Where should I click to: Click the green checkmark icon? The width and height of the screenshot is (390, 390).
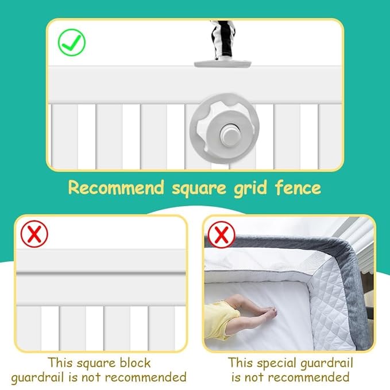tap(72, 43)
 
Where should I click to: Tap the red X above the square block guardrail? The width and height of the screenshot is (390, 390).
tap(34, 234)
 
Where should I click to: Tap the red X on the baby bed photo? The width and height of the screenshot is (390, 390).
tap(221, 234)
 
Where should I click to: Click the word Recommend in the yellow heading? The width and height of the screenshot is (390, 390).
tap(116, 188)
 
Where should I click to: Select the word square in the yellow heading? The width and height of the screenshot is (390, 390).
tap(199, 189)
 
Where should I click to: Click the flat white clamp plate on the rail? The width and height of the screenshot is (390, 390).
tap(222, 64)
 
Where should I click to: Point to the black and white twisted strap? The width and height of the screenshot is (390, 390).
tap(223, 40)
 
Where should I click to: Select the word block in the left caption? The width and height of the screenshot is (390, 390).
tap(135, 363)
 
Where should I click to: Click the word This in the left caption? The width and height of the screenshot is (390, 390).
tap(60, 363)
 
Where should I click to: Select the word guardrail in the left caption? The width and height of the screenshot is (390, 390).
tap(38, 378)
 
